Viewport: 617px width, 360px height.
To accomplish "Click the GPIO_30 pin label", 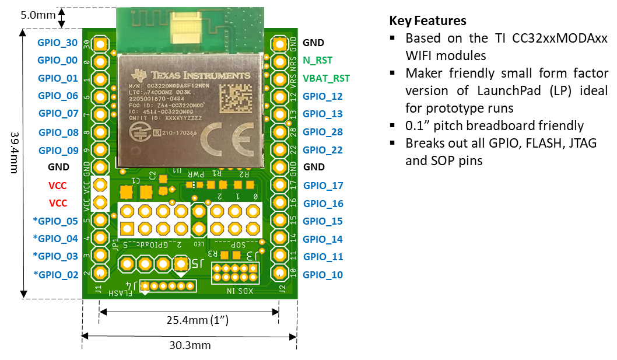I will (57, 43).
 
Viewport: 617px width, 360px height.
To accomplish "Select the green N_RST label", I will (318, 60).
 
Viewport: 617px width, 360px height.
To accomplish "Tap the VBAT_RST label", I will (326, 78).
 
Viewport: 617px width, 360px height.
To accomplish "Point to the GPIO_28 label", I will (322, 132).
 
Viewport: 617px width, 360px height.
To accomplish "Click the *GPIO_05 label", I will (55, 221).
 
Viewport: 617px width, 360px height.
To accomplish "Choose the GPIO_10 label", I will (322, 275).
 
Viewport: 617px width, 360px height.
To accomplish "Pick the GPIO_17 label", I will (323, 186).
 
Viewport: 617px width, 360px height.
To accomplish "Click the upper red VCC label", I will (57, 186).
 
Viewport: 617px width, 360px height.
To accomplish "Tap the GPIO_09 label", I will (58, 150).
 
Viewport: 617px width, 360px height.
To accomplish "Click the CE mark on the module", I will (228, 139).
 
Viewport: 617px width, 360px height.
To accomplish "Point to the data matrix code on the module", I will (237, 98).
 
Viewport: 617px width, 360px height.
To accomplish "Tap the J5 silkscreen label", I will (198, 264).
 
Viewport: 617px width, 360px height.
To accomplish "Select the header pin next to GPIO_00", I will (100, 61).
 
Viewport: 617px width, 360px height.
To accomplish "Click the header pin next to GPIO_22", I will (280, 150).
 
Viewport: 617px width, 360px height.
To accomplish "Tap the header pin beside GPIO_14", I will (280, 239).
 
